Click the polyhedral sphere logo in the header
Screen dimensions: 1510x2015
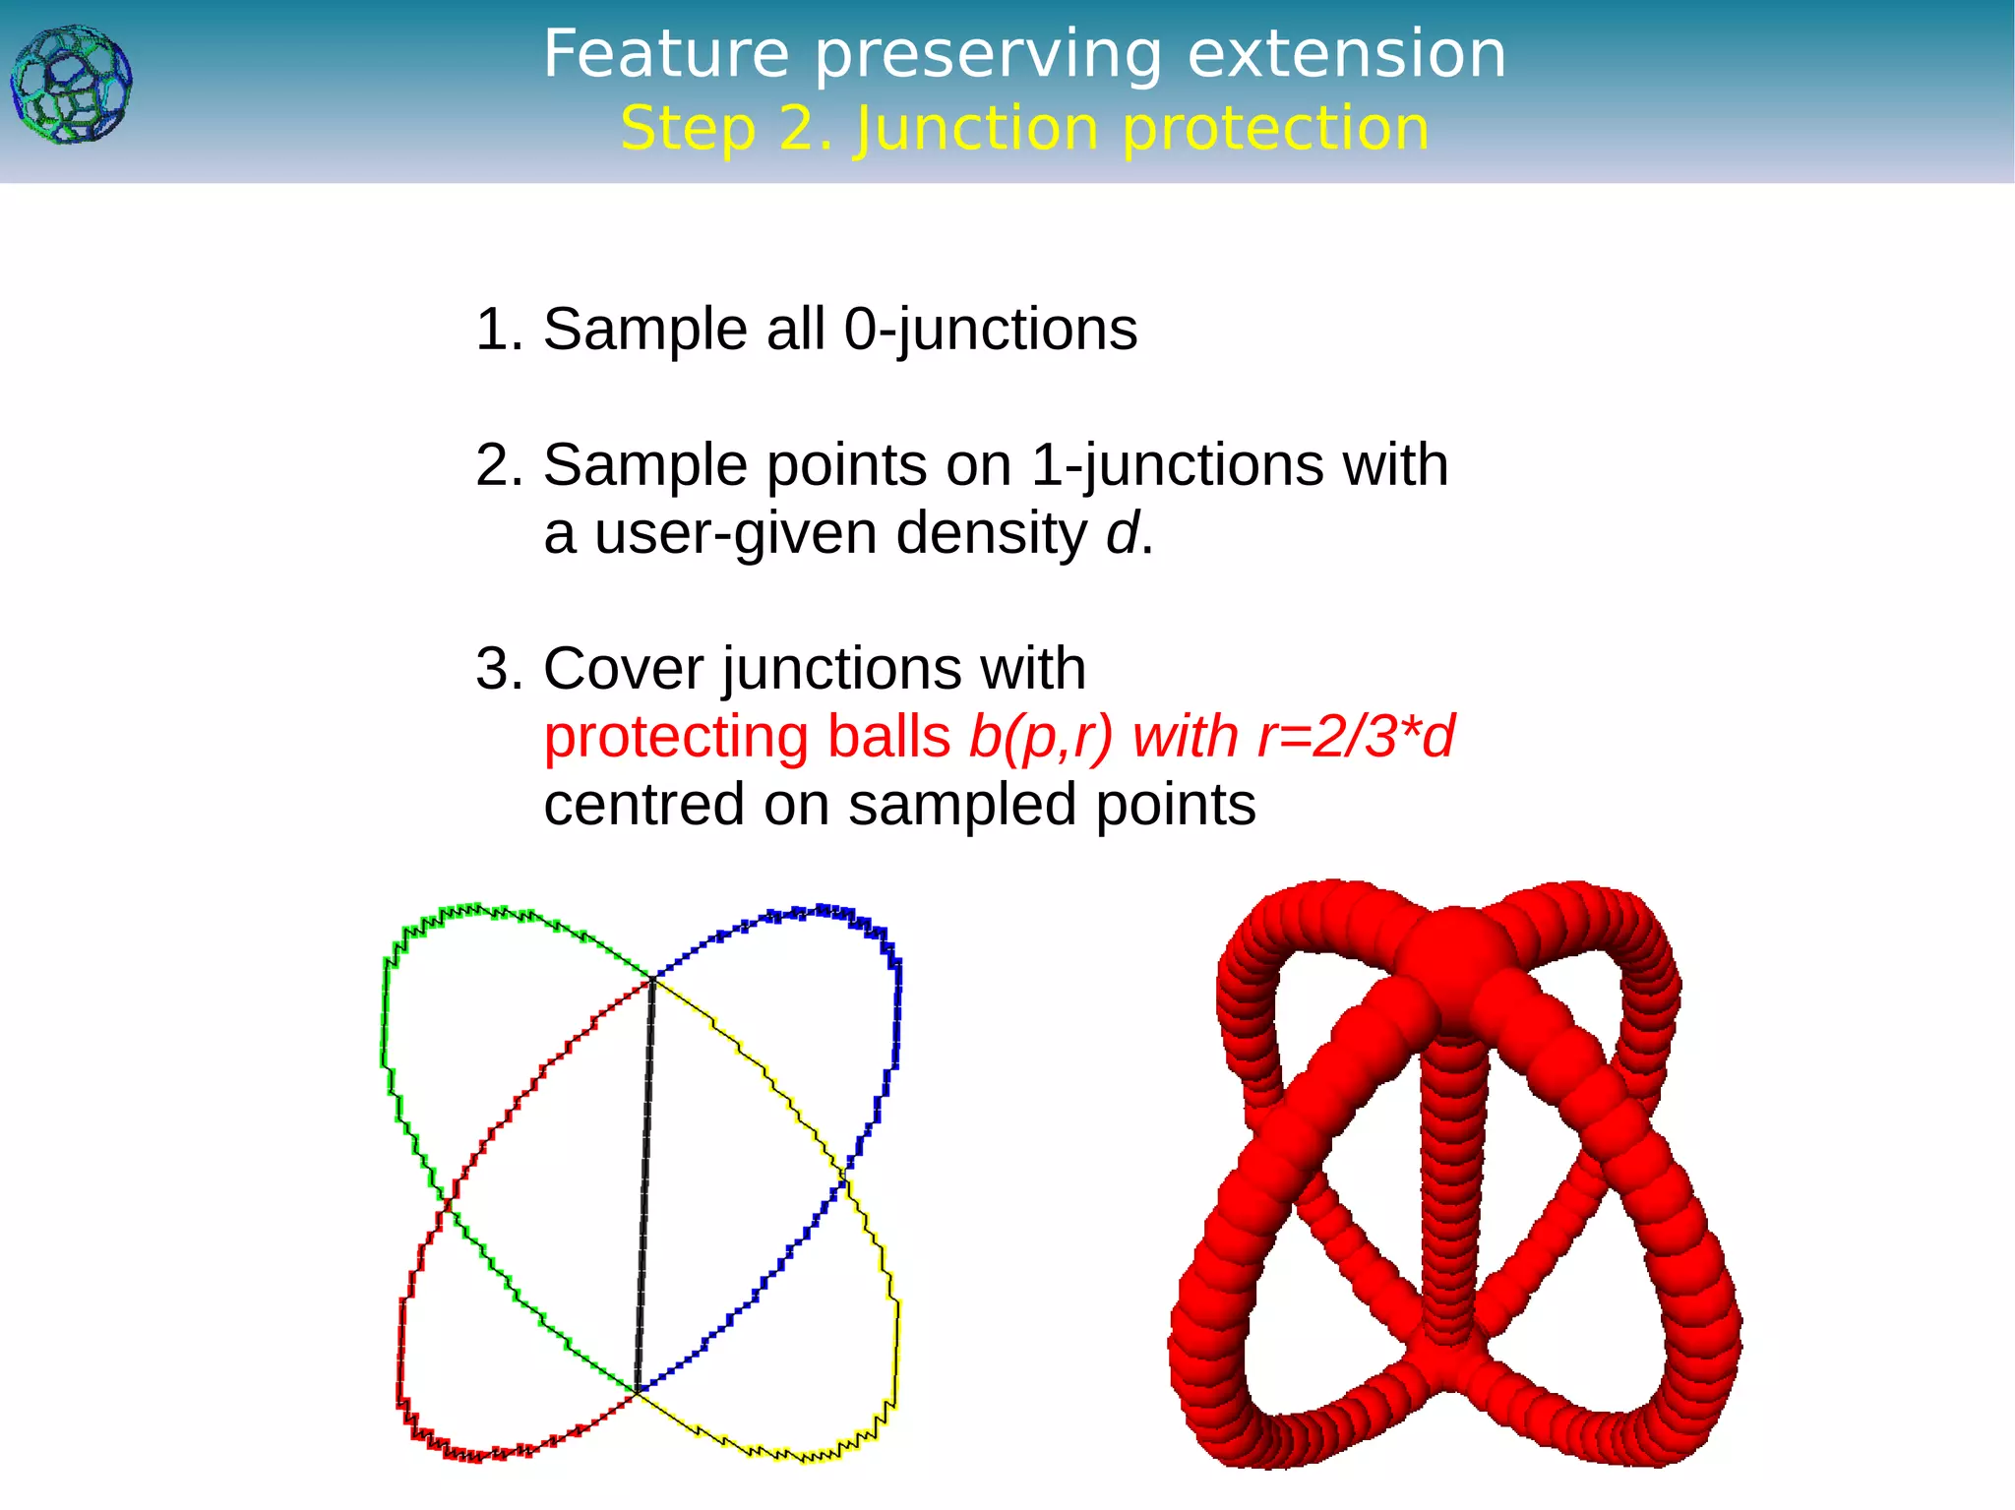click(x=71, y=86)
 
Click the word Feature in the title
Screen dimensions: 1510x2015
click(x=666, y=54)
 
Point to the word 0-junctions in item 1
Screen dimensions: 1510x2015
click(x=990, y=329)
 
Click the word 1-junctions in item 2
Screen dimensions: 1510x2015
click(x=1176, y=464)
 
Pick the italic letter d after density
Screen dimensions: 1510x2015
click(x=1122, y=533)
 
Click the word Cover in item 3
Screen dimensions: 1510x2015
click(x=623, y=669)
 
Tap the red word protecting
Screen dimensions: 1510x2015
click(x=676, y=737)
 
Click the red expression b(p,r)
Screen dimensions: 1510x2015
click(x=1041, y=737)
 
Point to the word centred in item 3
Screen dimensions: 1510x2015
click(x=642, y=805)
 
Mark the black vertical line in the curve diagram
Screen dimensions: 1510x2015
click(x=645, y=1180)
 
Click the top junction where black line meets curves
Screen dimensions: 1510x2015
click(x=652, y=978)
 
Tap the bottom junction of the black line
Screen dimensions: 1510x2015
click(x=638, y=1391)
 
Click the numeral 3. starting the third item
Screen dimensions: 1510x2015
click(x=499, y=669)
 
